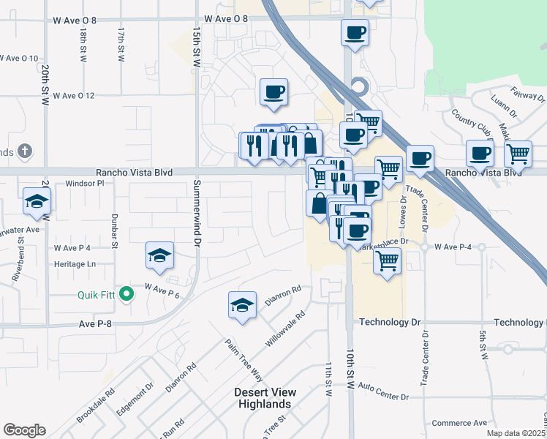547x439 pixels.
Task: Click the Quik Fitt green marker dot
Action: (127, 295)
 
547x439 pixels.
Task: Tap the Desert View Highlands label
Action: (263, 398)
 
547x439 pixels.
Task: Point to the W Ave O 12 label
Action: (72, 95)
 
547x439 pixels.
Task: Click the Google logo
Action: (24, 430)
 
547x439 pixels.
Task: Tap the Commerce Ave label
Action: (459, 423)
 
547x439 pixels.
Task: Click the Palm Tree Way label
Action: (244, 361)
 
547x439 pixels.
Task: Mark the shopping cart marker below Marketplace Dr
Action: (387, 260)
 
